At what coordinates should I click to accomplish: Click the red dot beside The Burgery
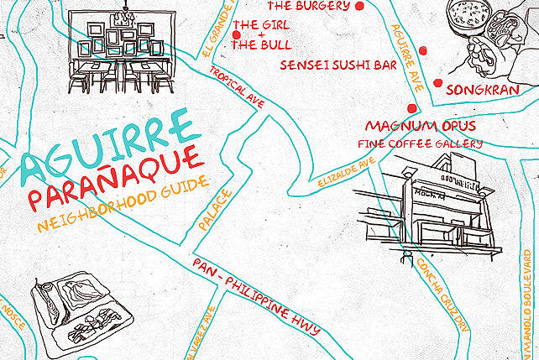[360, 7]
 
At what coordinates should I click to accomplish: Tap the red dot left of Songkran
[437, 82]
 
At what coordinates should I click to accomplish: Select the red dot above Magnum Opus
[411, 108]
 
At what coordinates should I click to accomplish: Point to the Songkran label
[489, 88]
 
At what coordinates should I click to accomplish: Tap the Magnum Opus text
[421, 126]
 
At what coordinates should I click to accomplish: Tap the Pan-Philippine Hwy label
[256, 295]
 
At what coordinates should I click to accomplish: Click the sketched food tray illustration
[78, 313]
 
